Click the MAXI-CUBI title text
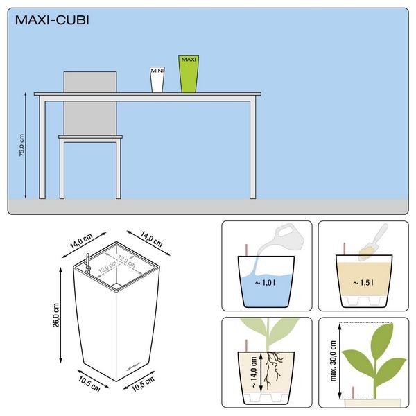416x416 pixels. coord(52,20)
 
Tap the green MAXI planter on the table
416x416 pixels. coord(189,74)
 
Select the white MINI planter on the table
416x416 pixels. coord(157,79)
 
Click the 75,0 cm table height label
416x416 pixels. coord(21,145)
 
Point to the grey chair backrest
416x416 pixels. coord(90,103)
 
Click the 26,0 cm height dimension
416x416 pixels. coord(56,315)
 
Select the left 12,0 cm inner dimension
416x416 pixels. coord(107,267)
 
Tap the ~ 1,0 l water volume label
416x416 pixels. coord(265,283)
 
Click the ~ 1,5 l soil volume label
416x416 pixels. coord(363,283)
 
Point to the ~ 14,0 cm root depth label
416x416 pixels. coord(254,372)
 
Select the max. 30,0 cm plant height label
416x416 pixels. coord(333,361)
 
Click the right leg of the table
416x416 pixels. coord(252,149)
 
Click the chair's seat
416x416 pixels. coord(90,137)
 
